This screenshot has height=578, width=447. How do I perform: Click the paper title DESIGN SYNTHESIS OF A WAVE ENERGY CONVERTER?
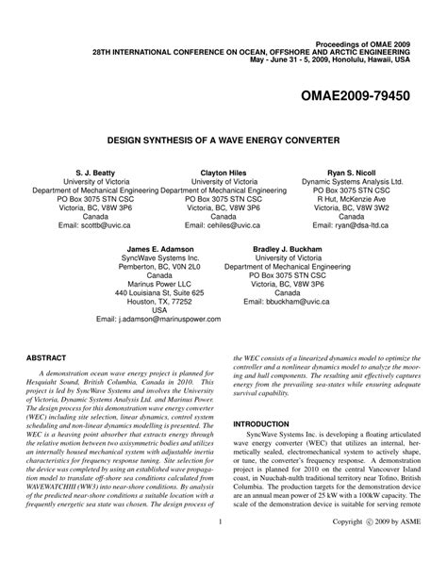point(223,136)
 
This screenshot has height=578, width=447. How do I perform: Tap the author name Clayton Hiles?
point(223,174)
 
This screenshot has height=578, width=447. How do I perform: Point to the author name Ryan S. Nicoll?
point(351,174)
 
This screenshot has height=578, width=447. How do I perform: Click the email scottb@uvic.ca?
point(96,226)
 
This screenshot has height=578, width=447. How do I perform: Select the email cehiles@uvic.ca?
point(223,226)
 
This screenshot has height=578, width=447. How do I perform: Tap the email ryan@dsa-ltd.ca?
point(357,226)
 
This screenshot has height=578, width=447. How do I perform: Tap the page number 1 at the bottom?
point(219,548)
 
